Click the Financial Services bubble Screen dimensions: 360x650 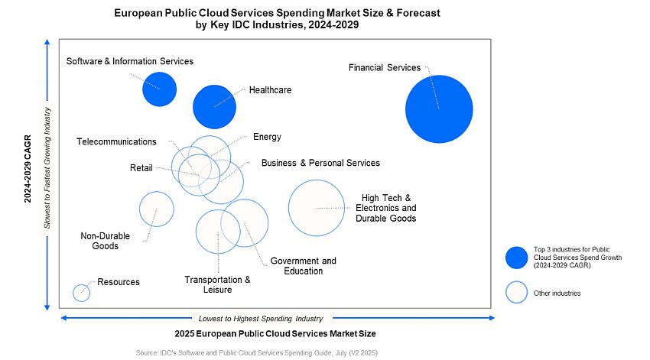tap(438, 109)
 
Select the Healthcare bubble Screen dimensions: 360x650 tap(214, 106)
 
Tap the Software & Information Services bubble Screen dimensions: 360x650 tap(159, 89)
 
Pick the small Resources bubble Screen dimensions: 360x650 tap(81, 292)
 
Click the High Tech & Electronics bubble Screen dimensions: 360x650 tap(317, 207)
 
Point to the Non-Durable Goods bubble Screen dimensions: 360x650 tap(156, 209)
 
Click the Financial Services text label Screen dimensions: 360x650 tap(385, 67)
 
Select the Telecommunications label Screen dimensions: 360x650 tap(116, 141)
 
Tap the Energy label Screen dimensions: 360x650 tap(267, 137)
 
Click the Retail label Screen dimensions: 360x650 tap(141, 168)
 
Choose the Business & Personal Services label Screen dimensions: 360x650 tap(320, 163)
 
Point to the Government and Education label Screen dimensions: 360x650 tap(303, 266)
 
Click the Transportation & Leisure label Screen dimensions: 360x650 tap(217, 284)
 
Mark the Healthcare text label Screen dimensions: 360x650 tap(270, 89)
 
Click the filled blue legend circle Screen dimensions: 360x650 tap(517, 258)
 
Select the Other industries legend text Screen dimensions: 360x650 tap(557, 293)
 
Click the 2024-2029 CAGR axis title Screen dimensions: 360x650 tap(28, 170)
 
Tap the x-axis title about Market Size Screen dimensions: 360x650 tap(276, 334)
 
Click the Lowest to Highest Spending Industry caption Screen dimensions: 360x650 tap(260, 318)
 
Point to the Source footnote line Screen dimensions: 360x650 tap(256, 352)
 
